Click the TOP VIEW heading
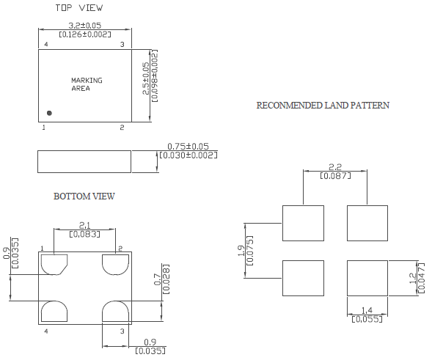[x=79, y=8]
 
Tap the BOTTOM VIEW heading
[x=84, y=196]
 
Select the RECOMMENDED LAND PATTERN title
[x=323, y=106]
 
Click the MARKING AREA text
[x=86, y=84]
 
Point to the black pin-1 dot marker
[x=49, y=113]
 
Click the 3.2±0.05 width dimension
[x=84, y=26]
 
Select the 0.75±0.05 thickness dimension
[x=188, y=146]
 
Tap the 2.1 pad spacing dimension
[x=84, y=225]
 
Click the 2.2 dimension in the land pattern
[x=335, y=166]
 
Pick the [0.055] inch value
[x=366, y=319]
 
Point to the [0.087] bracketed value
[x=335, y=176]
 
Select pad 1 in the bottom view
[x=54, y=263]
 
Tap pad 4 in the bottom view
[x=54, y=312]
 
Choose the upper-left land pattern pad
[x=303, y=223]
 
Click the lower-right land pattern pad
[x=367, y=278]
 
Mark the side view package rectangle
[x=84, y=161]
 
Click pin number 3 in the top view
[x=122, y=45]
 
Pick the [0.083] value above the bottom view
[x=84, y=235]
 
